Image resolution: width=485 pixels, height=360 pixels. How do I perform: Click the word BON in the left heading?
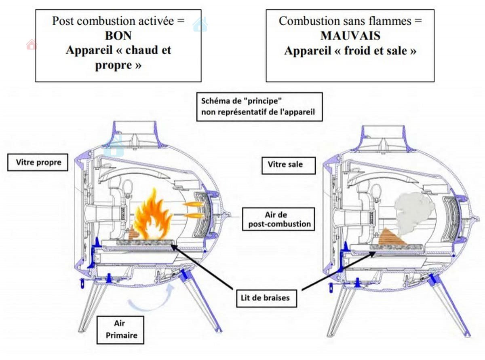coord(118,36)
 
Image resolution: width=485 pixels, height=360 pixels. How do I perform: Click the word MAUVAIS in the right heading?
coord(350,36)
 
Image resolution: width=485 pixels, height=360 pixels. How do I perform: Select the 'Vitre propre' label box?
coord(38,163)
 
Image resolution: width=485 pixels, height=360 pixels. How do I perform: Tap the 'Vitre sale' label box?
coord(288,165)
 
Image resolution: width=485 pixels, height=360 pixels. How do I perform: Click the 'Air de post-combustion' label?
coord(278,219)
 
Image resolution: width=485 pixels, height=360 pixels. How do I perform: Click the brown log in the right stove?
coord(390,238)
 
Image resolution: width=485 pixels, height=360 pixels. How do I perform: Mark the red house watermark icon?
coord(31,44)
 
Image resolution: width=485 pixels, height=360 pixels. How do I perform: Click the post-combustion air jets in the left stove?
coord(193,210)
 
